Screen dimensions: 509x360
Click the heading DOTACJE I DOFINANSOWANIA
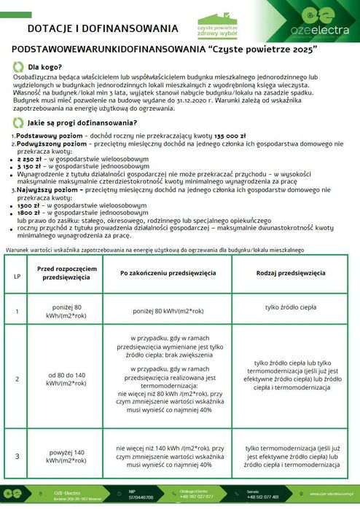(x=102, y=28)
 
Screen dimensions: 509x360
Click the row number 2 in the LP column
(x=17, y=379)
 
